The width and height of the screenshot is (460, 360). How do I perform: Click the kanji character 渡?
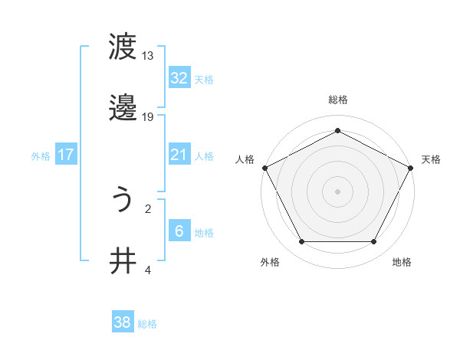pyautogui.click(x=123, y=47)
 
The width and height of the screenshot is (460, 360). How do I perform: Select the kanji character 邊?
pyautogui.click(x=123, y=109)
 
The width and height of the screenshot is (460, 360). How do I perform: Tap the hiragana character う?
pyautogui.click(x=123, y=200)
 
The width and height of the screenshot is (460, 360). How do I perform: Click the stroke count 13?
pyautogui.click(x=148, y=56)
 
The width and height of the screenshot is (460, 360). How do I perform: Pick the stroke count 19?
pyautogui.click(x=148, y=117)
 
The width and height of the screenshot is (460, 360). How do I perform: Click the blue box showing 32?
pyautogui.click(x=179, y=78)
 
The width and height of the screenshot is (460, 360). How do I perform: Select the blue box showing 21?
pyautogui.click(x=179, y=155)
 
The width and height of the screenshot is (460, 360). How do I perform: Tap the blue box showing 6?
pyautogui.click(x=179, y=231)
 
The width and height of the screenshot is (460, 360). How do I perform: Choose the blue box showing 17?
pyautogui.click(x=66, y=155)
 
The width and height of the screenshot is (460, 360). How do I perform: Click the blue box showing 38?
pyautogui.click(x=122, y=323)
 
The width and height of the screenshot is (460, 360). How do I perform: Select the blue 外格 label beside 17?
pyautogui.click(x=41, y=156)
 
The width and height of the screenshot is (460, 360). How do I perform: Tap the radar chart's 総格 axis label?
pyautogui.click(x=338, y=100)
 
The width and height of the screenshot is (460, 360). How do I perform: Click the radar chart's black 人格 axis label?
pyautogui.click(x=245, y=159)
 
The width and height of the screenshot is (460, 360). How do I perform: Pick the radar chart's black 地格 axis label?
pyautogui.click(x=402, y=263)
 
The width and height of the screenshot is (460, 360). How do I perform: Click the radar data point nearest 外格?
pyautogui.click(x=301, y=242)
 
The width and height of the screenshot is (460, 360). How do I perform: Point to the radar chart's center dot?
pyautogui.click(x=337, y=191)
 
